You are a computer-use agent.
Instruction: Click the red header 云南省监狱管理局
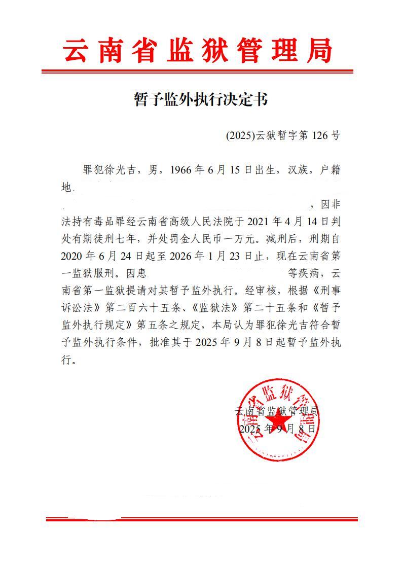[x=198, y=51]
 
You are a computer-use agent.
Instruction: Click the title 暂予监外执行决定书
[x=200, y=100]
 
